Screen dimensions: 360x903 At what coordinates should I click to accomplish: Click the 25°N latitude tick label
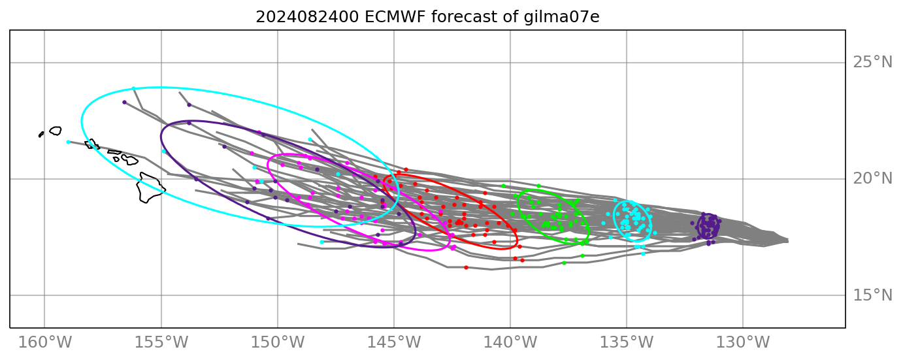click(x=872, y=63)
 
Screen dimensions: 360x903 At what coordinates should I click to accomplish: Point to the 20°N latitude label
click(x=872, y=179)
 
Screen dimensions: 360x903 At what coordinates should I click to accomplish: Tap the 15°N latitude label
click(x=872, y=295)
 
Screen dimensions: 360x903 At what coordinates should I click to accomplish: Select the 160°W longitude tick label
click(x=44, y=342)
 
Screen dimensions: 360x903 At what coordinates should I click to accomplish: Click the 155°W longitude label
click(x=161, y=342)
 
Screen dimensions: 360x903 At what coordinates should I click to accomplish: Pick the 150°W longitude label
click(x=278, y=342)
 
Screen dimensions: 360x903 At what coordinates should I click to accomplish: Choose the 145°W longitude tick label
click(x=394, y=342)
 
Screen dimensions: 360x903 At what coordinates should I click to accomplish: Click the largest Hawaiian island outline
click(x=150, y=188)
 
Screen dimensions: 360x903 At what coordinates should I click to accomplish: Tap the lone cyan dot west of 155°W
click(x=68, y=142)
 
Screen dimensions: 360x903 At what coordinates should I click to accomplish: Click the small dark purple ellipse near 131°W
click(x=708, y=227)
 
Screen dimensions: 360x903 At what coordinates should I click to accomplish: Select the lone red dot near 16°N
click(x=466, y=267)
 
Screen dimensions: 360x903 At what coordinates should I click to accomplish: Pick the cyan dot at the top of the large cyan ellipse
click(x=133, y=88)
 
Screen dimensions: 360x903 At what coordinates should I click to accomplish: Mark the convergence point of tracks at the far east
click(x=786, y=240)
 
